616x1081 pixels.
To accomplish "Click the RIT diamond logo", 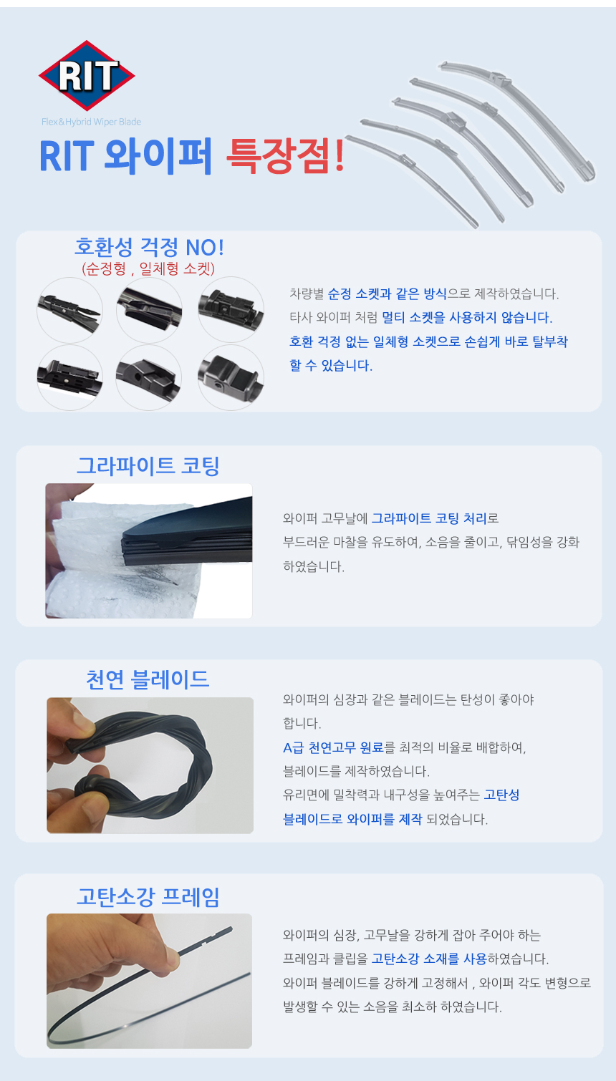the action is pyautogui.click(x=87, y=76).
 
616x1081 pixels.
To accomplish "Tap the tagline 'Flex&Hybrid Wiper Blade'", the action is pyautogui.click(x=91, y=122).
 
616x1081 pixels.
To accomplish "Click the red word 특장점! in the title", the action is pyautogui.click(x=286, y=155).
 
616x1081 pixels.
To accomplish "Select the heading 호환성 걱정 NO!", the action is pyautogui.click(x=149, y=248).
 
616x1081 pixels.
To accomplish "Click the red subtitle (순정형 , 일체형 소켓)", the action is pyautogui.click(x=148, y=268).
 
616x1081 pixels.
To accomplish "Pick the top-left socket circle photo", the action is pyautogui.click(x=69, y=310).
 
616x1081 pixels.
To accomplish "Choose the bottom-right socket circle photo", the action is pyautogui.click(x=231, y=377).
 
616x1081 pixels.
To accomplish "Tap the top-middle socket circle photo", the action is pyautogui.click(x=149, y=310).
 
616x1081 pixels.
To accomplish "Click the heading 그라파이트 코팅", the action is pyautogui.click(x=148, y=466).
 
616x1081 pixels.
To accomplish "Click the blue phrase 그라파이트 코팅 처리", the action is pyautogui.click(x=428, y=518).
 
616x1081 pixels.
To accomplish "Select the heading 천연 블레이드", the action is pyautogui.click(x=148, y=679).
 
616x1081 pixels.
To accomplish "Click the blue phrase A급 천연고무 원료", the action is pyautogui.click(x=333, y=747).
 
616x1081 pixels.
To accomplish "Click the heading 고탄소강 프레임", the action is pyautogui.click(x=148, y=897).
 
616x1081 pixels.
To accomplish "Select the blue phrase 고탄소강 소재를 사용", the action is pyautogui.click(x=428, y=959).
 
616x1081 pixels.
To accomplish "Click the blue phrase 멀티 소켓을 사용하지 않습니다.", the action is pyautogui.click(x=467, y=318).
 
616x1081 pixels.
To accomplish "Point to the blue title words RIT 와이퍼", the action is pyautogui.click(x=125, y=155).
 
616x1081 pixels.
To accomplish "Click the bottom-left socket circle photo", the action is pyautogui.click(x=69, y=377).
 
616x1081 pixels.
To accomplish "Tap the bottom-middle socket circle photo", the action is pyautogui.click(x=149, y=377).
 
